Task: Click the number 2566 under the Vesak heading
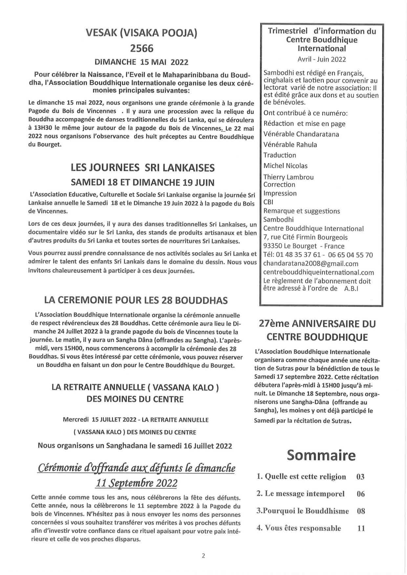tap(141, 49)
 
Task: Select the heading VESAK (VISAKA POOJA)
tap(141, 33)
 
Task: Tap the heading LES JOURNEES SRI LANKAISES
tap(143, 168)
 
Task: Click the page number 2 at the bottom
tap(203, 556)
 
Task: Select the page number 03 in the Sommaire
tap(360, 477)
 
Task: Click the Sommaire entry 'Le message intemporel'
tap(305, 494)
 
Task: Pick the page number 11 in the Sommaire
tap(361, 528)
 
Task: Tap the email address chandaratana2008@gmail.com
tap(311, 264)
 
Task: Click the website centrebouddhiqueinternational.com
tap(318, 272)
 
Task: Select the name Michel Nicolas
tap(286, 166)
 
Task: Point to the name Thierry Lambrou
tap(289, 177)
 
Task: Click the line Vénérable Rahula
tap(290, 145)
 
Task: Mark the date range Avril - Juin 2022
tap(322, 59)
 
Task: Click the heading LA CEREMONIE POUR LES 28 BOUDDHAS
tap(136, 300)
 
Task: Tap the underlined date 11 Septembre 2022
tap(136, 483)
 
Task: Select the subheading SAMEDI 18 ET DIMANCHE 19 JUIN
tap(143, 182)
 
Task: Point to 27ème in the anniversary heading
tap(274, 324)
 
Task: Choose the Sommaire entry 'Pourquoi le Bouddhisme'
tap(303, 511)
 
